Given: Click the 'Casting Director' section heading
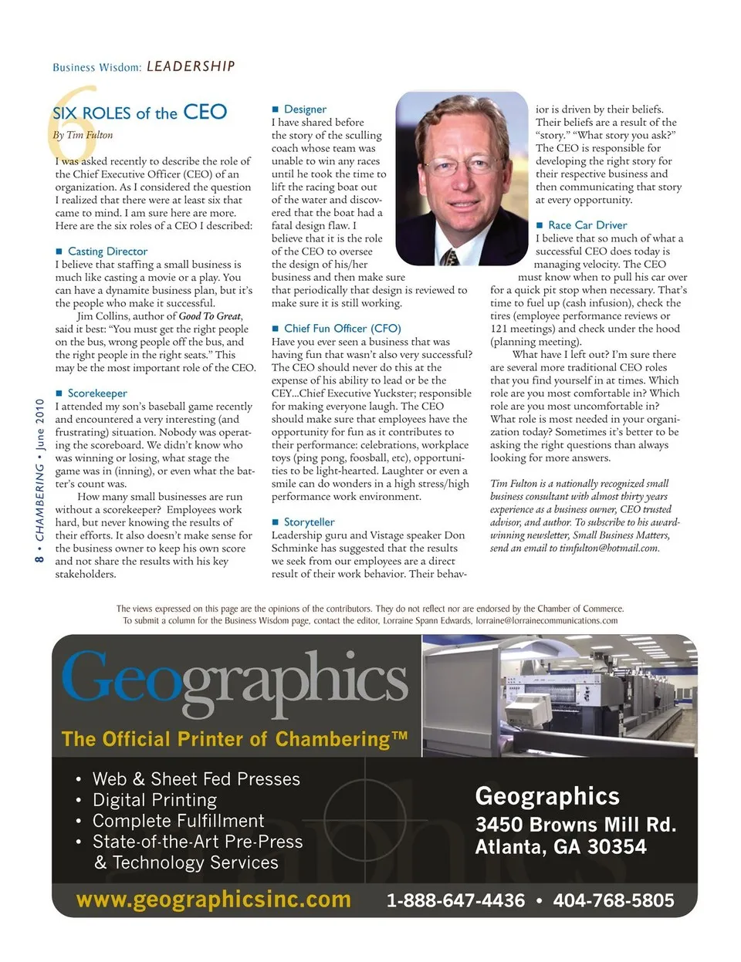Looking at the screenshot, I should tap(107, 251).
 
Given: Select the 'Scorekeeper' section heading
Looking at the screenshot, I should tap(97, 393).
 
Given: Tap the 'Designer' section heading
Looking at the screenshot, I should tap(305, 110).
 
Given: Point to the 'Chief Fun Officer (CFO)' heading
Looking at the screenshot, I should tap(343, 329).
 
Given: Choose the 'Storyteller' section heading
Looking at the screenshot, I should tap(309, 522).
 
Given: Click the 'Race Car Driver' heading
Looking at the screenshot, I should tap(587, 225).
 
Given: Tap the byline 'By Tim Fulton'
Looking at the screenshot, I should tap(83, 135).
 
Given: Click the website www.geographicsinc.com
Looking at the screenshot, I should tap(213, 900).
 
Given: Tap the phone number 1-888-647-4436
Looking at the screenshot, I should tap(455, 900).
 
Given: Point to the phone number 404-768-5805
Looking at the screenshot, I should tap(614, 900).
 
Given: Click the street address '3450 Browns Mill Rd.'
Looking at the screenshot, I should tap(575, 825).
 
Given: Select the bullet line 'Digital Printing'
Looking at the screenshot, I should tap(154, 800).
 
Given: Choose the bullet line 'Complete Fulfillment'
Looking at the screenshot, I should tap(178, 821).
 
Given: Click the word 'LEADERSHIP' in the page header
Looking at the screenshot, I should tap(191, 66).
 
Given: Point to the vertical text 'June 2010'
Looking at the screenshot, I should tap(39, 425).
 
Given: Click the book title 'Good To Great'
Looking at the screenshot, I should tap(209, 316).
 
